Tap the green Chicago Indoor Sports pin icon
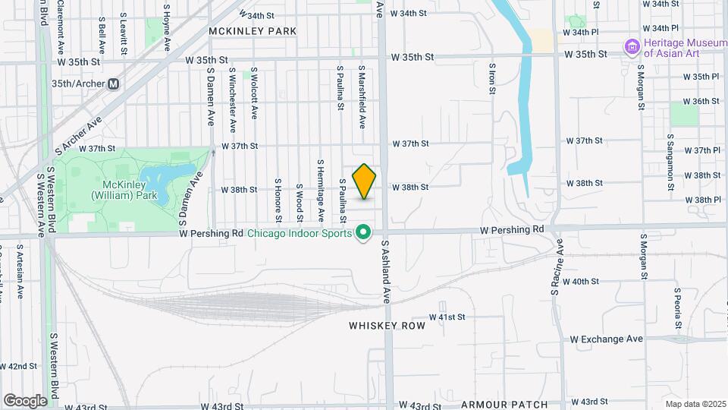tap(364, 232)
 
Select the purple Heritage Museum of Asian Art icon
tap(631, 48)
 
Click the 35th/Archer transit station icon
tap(114, 84)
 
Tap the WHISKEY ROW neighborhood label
tap(387, 325)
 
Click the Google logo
tap(25, 400)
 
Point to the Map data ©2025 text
tap(695, 404)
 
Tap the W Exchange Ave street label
tap(607, 339)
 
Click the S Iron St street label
tap(492, 78)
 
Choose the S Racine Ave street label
tap(557, 266)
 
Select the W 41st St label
tap(447, 317)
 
